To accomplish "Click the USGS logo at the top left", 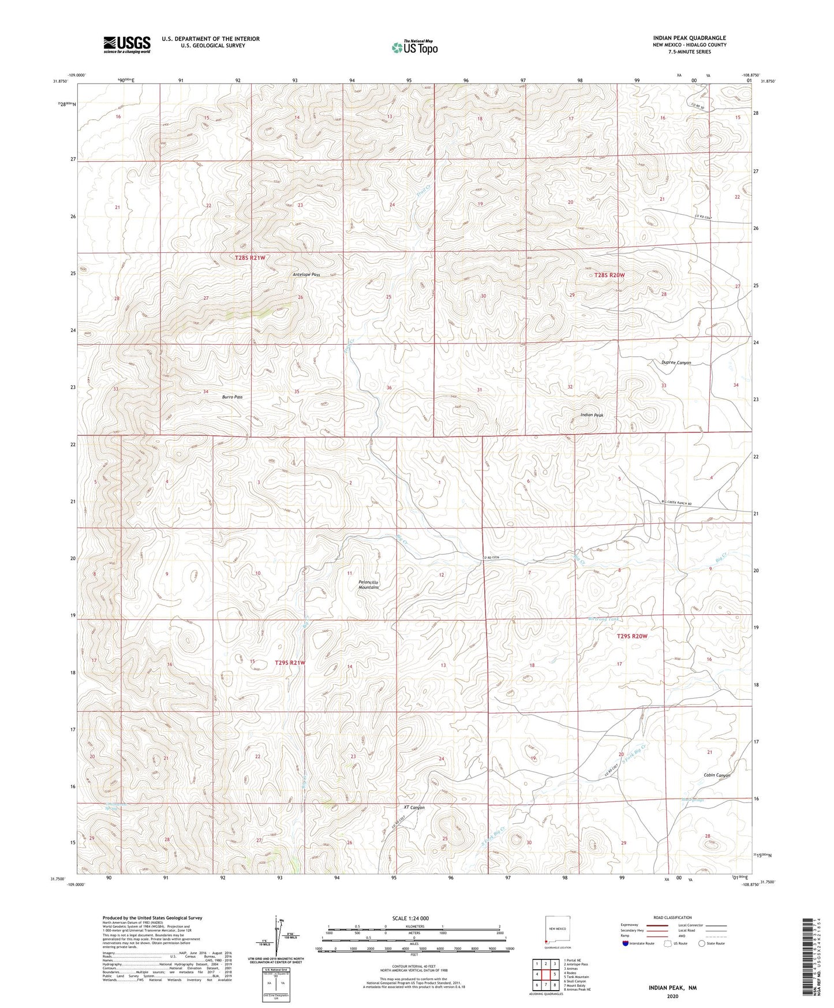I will pyautogui.click(x=127, y=44).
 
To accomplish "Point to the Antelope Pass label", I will pyautogui.click(x=306, y=275).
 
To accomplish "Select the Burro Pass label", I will pyautogui.click(x=232, y=397).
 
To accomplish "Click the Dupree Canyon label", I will pyautogui.click(x=676, y=363).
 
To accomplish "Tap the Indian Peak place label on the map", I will pyautogui.click(x=592, y=415).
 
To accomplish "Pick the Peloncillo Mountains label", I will pyautogui.click(x=368, y=585).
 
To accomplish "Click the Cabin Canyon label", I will pyautogui.click(x=717, y=775).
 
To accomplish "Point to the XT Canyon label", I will pyautogui.click(x=414, y=807).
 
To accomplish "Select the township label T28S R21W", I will pyautogui.click(x=250, y=257).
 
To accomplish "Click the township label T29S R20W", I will pyautogui.click(x=632, y=636).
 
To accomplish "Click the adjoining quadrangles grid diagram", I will pyautogui.click(x=545, y=975).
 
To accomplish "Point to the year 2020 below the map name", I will pyautogui.click(x=672, y=996).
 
